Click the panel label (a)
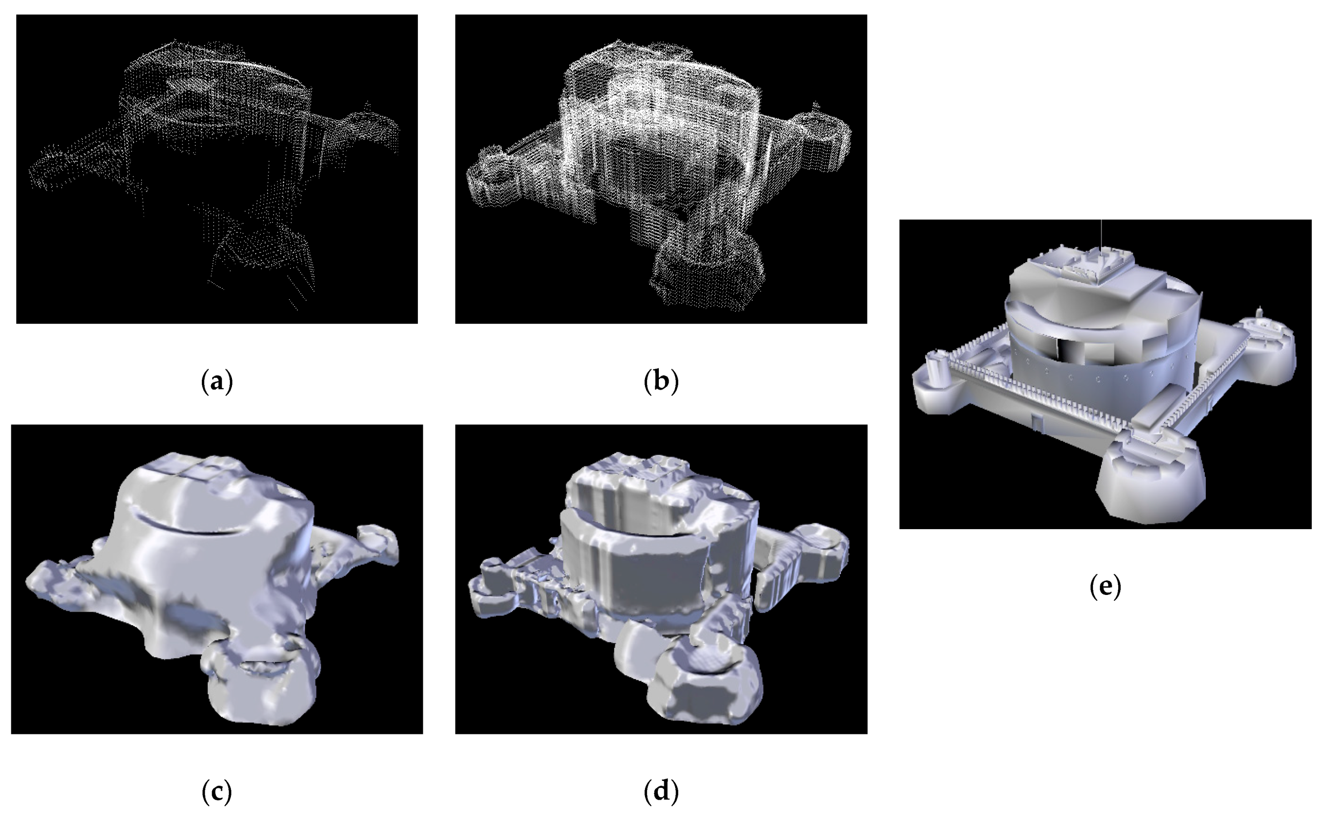tap(217, 381)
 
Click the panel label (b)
tap(661, 381)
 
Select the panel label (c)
tap(217, 791)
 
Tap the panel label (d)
tap(661, 791)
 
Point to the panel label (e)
tap(1105, 587)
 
